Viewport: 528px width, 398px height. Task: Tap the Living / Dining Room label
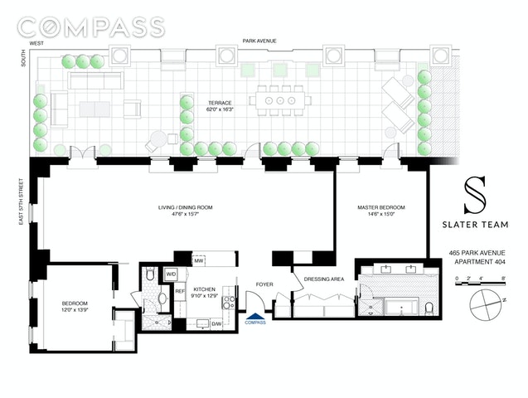coord(185,211)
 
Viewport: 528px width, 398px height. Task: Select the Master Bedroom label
coord(381,211)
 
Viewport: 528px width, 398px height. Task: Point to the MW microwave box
coord(199,260)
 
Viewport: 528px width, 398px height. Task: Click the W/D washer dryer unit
coord(171,274)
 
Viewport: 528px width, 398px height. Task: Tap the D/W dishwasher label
coord(216,324)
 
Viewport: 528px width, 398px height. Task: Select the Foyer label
coord(264,284)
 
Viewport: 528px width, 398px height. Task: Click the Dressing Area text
coord(324,279)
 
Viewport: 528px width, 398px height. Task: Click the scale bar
coord(480,284)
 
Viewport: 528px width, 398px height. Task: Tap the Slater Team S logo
coord(475,195)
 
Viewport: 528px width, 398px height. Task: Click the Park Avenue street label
coord(259,41)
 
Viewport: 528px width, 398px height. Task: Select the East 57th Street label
coord(22,201)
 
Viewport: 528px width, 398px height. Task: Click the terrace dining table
coord(280,100)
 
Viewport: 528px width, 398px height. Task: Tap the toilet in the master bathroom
coord(429,309)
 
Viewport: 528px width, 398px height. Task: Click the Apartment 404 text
coord(480,262)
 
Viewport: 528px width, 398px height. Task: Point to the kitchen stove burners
coord(229,303)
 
